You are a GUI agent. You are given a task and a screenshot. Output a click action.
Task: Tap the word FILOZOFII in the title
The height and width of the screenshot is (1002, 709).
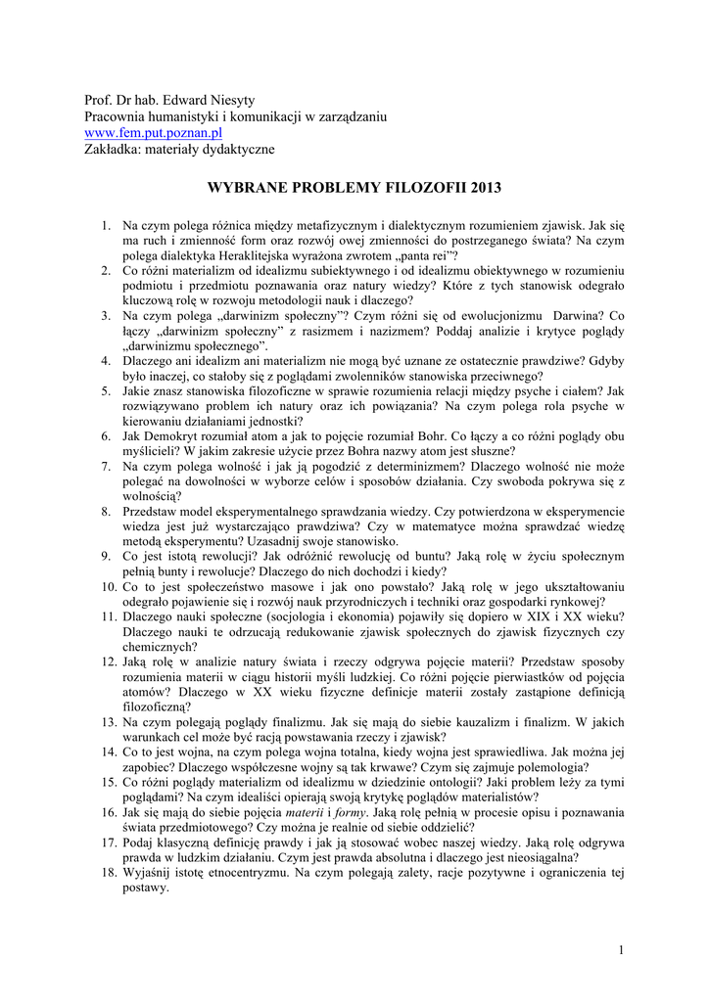pyautogui.click(x=395, y=186)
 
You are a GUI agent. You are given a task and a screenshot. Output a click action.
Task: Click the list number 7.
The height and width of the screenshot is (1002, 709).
pyautogui.click(x=106, y=467)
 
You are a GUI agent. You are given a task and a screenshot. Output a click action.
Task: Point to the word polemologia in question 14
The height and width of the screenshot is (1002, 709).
pyautogui.click(x=558, y=766)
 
